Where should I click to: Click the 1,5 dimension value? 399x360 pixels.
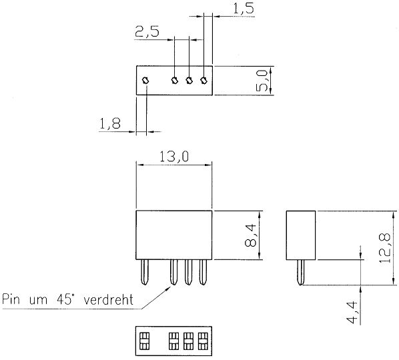[244, 9]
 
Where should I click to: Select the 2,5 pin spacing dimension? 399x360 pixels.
[147, 32]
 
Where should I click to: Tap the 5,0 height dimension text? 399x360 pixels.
[262, 81]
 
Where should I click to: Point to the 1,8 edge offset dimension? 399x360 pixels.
[110, 124]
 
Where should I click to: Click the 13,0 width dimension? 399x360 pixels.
[174, 157]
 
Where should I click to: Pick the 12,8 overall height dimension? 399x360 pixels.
[384, 249]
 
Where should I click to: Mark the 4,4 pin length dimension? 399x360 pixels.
[352, 313]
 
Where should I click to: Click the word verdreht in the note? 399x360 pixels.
[108, 299]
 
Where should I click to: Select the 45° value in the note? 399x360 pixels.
[65, 299]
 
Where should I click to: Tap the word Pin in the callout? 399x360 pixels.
[11, 299]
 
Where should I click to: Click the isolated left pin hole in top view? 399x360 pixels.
[146, 81]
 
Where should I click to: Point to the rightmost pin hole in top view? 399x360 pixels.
[204, 81]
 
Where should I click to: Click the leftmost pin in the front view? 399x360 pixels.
[145, 272]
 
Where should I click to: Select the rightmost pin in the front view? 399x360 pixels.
[203, 272]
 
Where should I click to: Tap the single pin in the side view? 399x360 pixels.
[301, 272]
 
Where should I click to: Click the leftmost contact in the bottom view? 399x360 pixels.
[144, 341]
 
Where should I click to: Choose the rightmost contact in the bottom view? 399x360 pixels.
[203, 341]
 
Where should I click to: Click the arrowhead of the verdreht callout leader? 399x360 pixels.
[170, 287]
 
